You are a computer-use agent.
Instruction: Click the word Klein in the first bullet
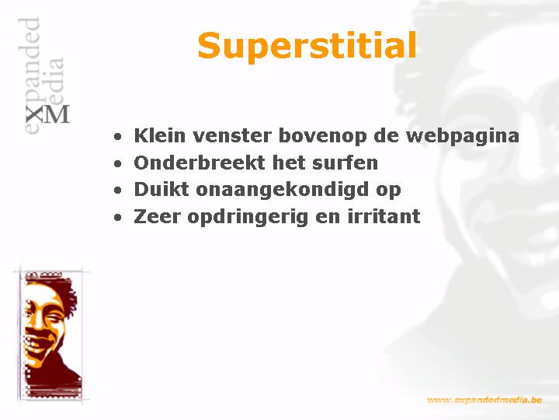point(160,135)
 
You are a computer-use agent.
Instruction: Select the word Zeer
point(157,216)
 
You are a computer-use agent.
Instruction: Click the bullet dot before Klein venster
point(118,137)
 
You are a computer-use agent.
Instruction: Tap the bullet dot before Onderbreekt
point(118,163)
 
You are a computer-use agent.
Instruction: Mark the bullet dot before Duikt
point(118,191)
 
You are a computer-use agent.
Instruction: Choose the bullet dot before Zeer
point(118,218)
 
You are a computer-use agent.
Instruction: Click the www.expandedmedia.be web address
point(484,400)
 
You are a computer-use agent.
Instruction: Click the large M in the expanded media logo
point(57,114)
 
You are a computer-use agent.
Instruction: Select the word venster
point(232,135)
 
